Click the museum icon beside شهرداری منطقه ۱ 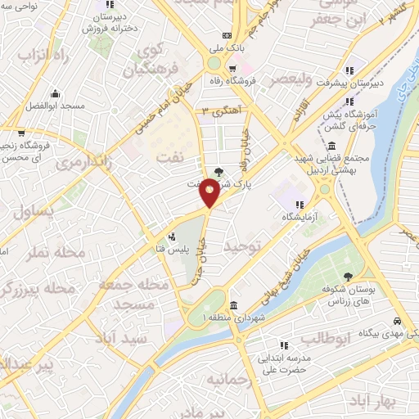coord(234,304)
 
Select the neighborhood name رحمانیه coord(227,381)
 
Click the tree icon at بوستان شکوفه coord(349,277)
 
